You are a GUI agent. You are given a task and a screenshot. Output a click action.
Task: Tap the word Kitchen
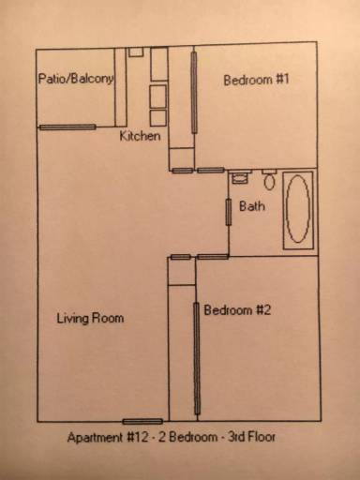coord(140,137)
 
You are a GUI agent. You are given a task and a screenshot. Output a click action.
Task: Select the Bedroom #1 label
coord(256,81)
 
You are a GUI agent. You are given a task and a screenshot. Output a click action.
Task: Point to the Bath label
coord(251,207)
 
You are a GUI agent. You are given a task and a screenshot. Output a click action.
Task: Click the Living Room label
coord(90,319)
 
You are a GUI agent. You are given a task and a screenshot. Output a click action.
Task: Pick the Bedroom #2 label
coord(237,311)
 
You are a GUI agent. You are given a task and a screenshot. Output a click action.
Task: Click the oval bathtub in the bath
coord(298,208)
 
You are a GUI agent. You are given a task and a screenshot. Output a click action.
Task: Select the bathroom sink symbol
coord(240,176)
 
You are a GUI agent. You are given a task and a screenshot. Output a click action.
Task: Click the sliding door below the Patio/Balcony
coord(67,127)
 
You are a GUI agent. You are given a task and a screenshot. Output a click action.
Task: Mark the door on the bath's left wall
coord(228,211)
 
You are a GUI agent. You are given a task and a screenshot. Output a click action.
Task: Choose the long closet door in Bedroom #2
coord(196,359)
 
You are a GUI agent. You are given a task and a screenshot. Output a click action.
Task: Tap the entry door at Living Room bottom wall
coord(142,421)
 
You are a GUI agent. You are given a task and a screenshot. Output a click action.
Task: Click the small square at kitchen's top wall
coord(136,52)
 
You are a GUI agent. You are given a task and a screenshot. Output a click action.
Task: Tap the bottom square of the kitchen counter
coord(157,116)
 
